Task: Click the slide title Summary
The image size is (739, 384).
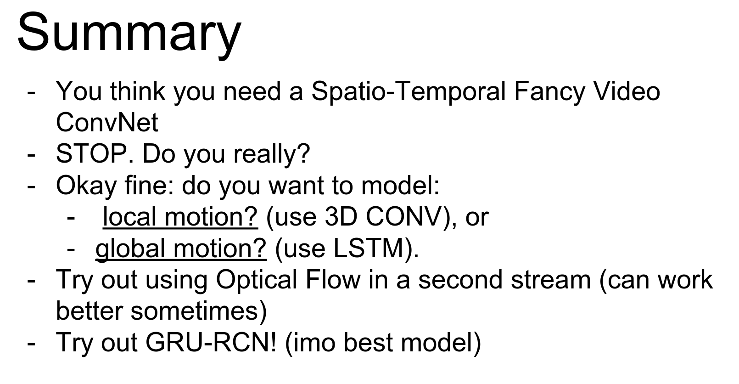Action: pyautogui.click(x=129, y=34)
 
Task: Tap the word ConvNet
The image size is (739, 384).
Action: pyautogui.click(x=107, y=123)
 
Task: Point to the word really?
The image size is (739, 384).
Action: pyautogui.click(x=272, y=154)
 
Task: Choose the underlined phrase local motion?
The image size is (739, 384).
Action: pyautogui.click(x=180, y=217)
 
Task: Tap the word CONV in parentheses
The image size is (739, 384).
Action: pyautogui.click(x=404, y=217)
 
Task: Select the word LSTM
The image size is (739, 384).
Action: pyautogui.click(x=369, y=248)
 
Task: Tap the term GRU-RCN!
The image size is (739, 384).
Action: pyautogui.click(x=211, y=342)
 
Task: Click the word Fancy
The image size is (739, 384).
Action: pyautogui.click(x=549, y=92)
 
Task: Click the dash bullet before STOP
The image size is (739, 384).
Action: pyautogui.click(x=31, y=155)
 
